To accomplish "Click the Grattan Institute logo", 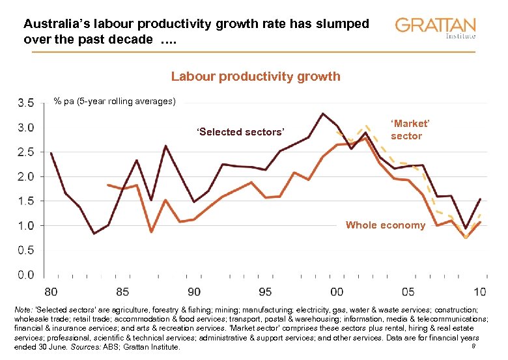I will click(x=435, y=28).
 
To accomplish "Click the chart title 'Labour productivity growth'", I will click(x=255, y=76).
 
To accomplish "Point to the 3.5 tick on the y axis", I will click(x=26, y=103).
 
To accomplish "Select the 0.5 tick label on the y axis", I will click(x=26, y=250).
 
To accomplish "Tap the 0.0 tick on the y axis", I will click(x=26, y=275).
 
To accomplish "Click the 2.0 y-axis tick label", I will click(x=26, y=176).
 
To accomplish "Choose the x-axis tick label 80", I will click(x=51, y=291).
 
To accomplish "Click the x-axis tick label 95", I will click(x=265, y=291).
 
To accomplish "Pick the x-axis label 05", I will click(x=408, y=291).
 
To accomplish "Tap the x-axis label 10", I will click(x=480, y=291).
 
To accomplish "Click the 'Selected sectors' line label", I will click(x=240, y=132).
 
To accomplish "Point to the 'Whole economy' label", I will click(x=386, y=225).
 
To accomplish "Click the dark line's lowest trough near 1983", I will click(x=94, y=233).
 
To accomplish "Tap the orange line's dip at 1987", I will click(x=151, y=232).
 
